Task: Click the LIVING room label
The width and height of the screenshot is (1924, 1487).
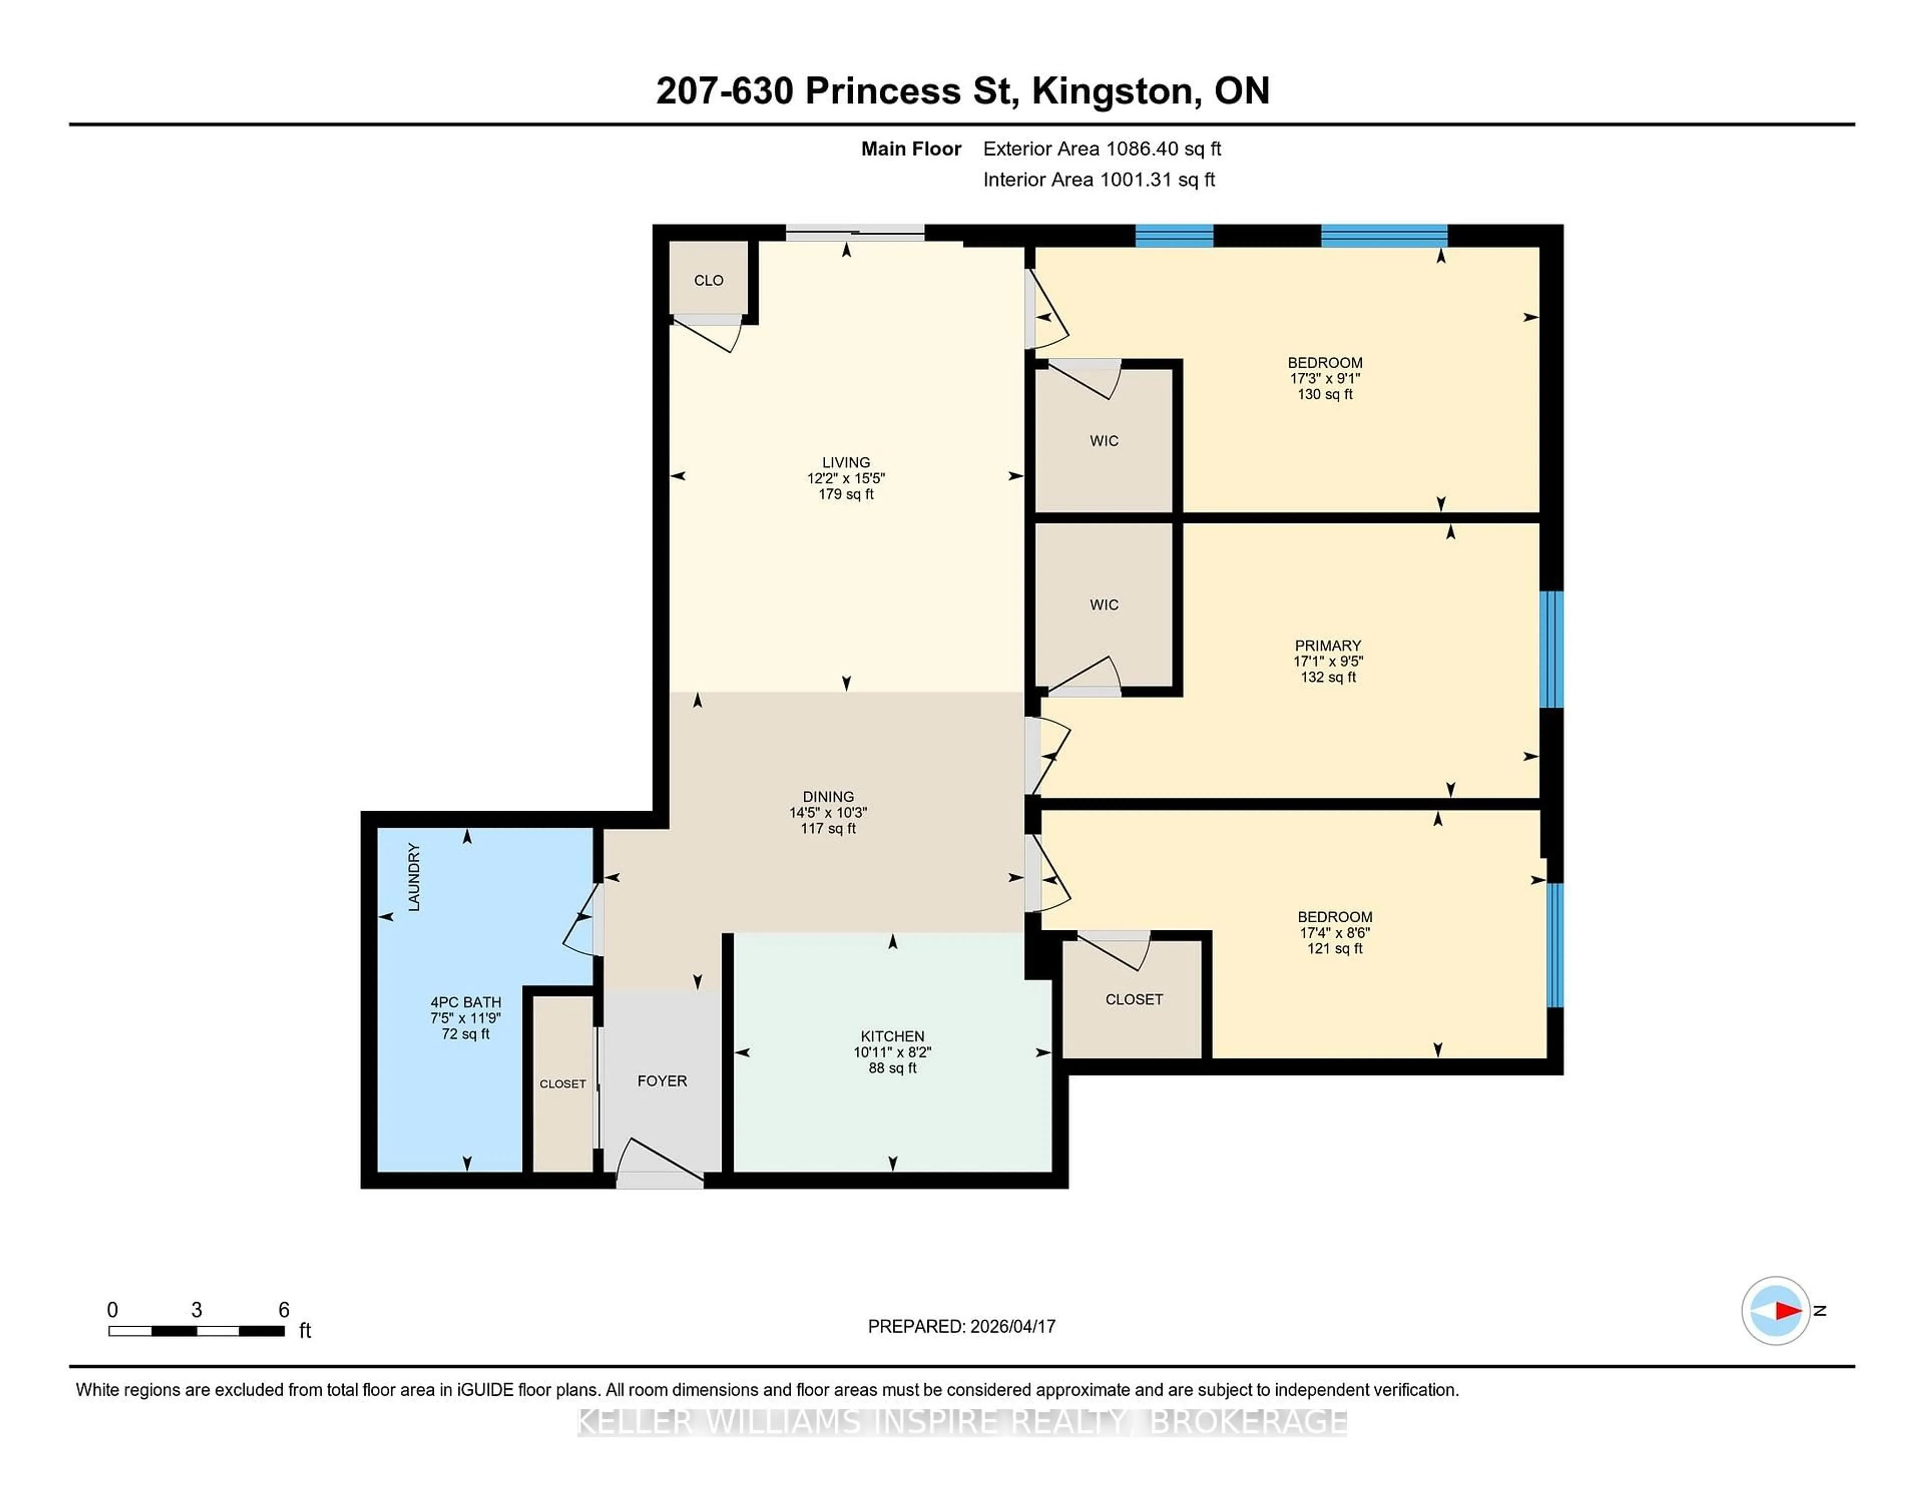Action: pos(846,462)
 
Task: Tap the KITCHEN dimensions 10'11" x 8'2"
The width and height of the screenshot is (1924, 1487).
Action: pos(892,1052)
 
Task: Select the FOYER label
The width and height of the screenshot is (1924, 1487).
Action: pos(661,1081)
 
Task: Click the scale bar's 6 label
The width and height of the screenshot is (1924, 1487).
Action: pos(284,1310)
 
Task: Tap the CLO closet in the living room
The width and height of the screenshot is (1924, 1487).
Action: pos(708,280)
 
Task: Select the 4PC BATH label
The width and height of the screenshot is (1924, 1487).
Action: pos(465,1002)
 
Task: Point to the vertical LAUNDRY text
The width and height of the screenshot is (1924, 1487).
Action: pos(414,877)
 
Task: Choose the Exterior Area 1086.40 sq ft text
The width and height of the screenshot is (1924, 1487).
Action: pos(1102,149)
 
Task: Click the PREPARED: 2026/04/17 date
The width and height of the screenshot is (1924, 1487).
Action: pos(961,1326)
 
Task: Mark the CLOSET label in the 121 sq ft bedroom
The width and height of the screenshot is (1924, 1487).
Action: pos(1134,999)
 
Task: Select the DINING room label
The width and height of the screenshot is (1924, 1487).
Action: pos(828,796)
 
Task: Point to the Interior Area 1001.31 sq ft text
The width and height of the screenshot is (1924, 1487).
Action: pos(1099,180)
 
